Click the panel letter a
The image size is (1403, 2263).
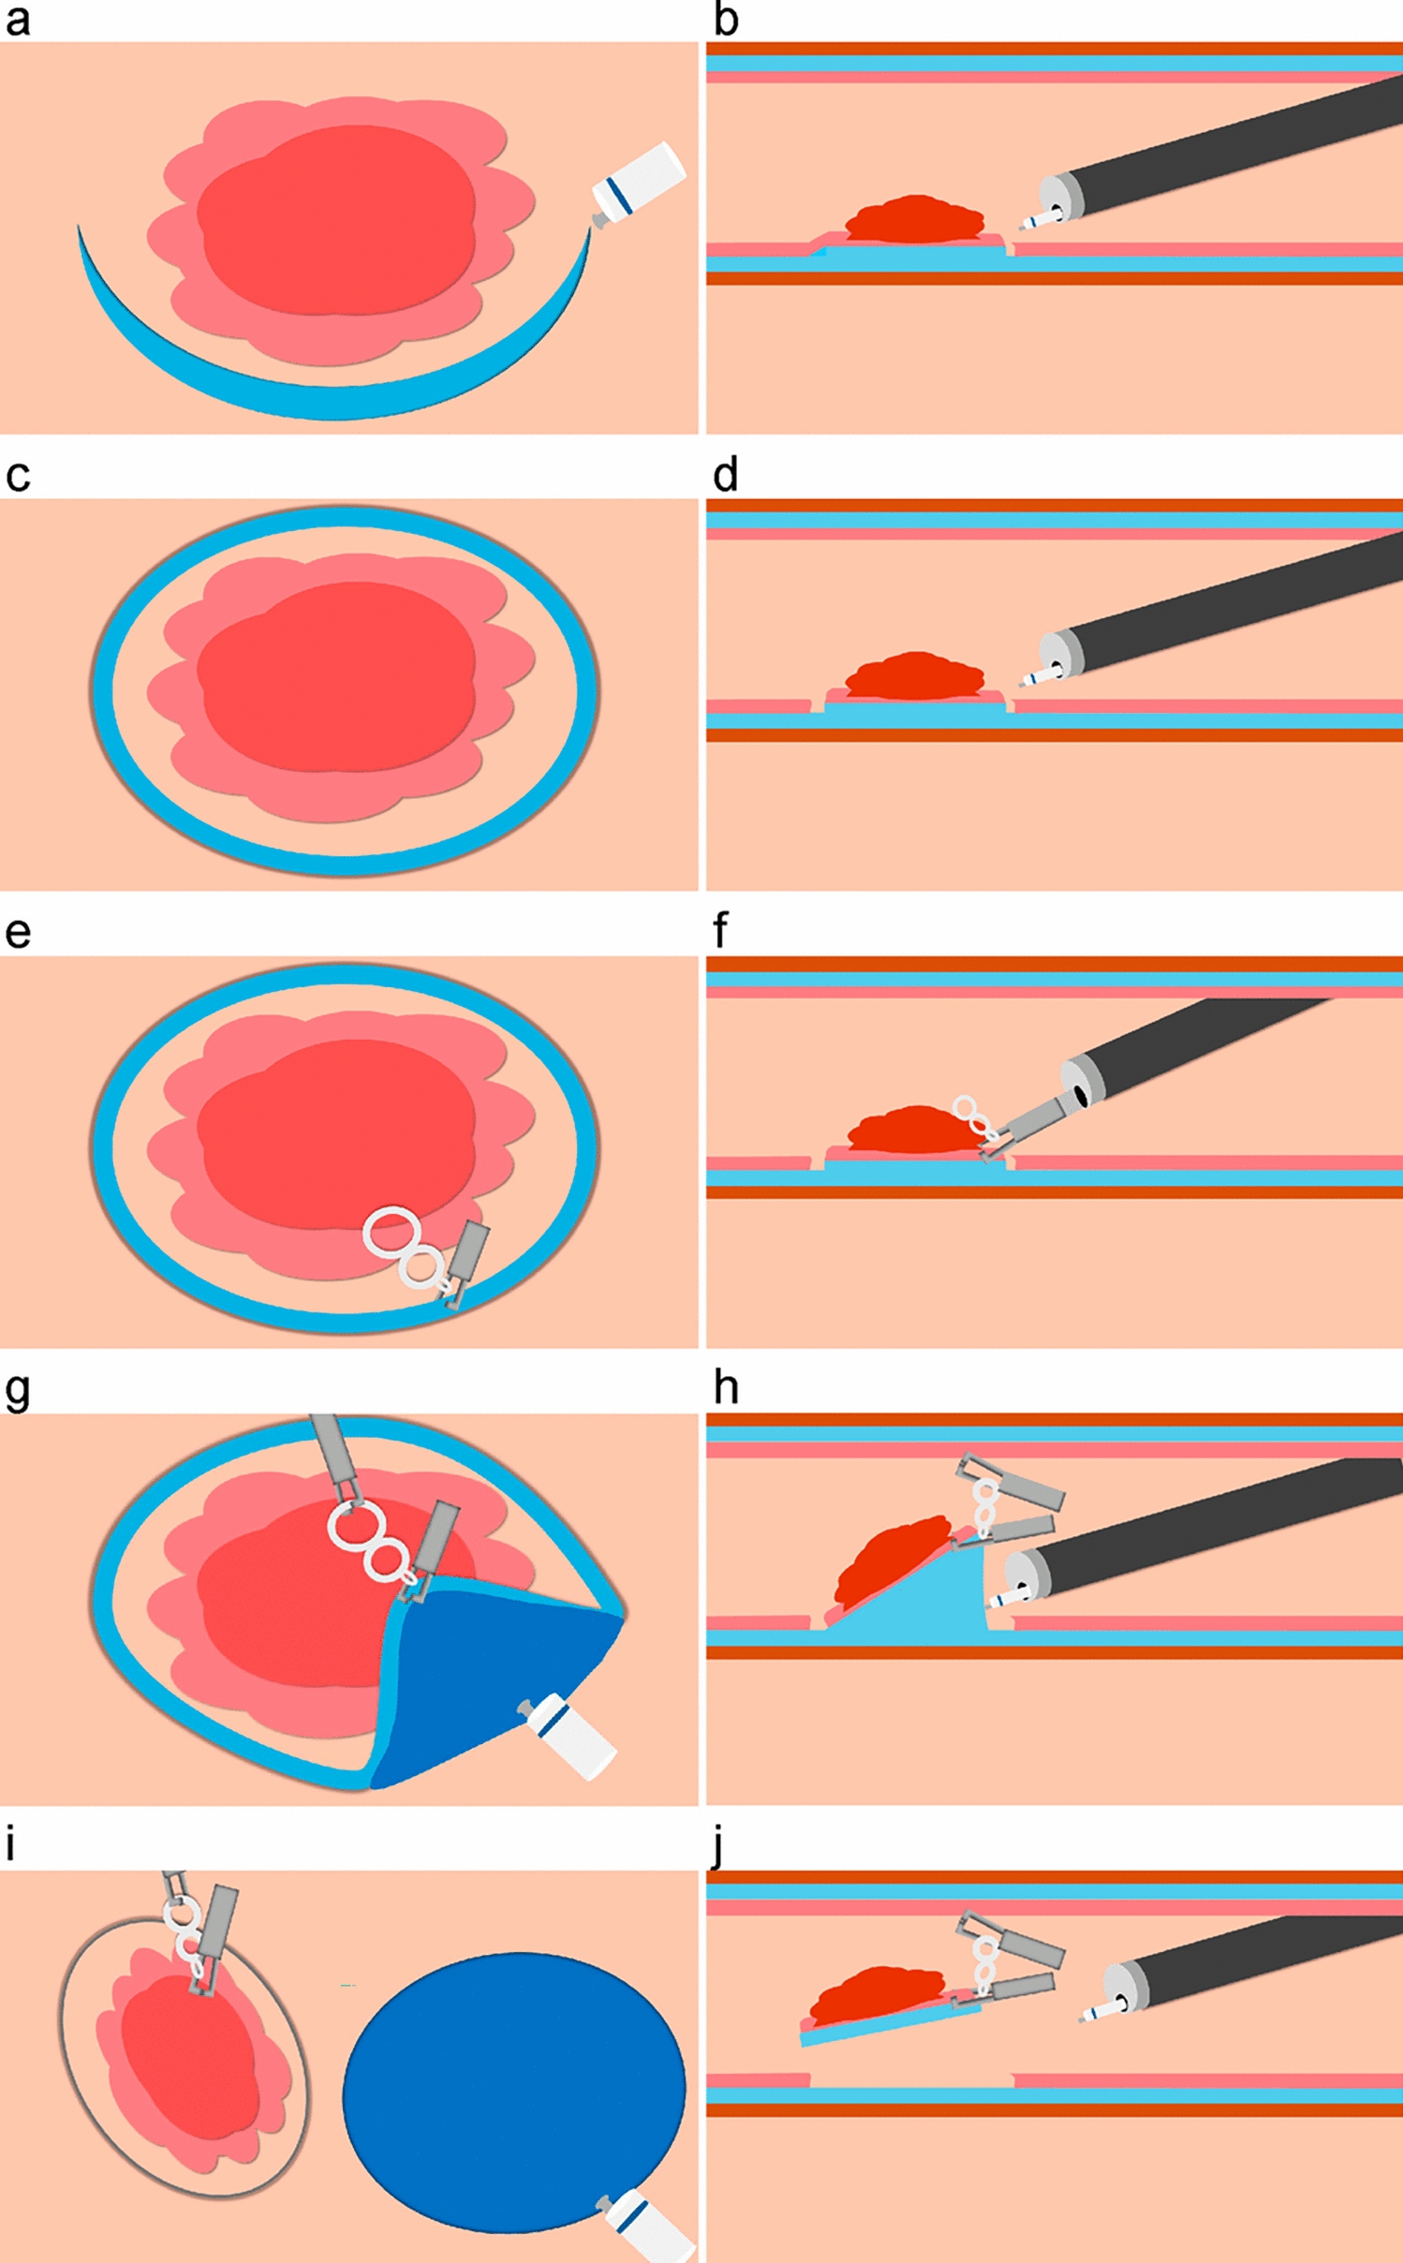(17, 21)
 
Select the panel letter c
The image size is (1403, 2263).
(17, 477)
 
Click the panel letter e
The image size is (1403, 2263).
(17, 934)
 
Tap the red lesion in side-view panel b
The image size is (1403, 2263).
(913, 217)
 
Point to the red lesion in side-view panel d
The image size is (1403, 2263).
(913, 674)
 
